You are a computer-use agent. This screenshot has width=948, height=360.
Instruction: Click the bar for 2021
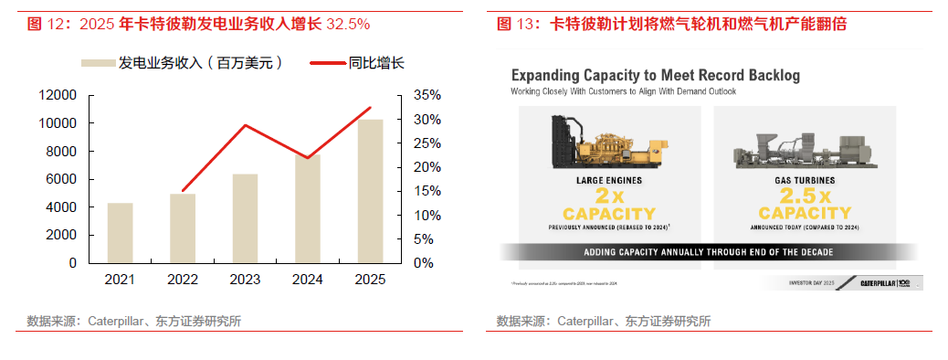tap(120, 233)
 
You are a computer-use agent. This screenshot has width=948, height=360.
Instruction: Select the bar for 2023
tap(245, 218)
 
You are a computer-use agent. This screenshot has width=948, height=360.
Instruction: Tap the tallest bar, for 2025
tap(370, 191)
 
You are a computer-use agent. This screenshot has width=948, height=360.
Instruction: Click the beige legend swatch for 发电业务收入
tap(98, 64)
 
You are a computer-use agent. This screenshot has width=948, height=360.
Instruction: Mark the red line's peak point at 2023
tap(245, 125)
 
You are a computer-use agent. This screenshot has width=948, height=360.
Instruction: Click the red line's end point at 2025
tap(370, 108)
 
